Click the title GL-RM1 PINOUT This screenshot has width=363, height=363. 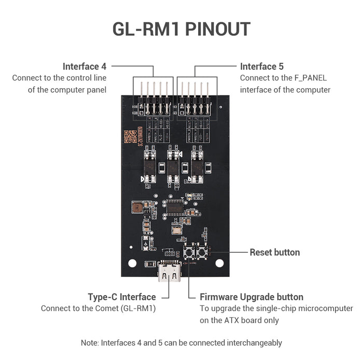[x=181, y=29]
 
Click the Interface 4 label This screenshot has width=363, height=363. [x=85, y=66]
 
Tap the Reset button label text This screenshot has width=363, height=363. [x=275, y=253]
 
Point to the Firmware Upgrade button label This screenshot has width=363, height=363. [x=252, y=297]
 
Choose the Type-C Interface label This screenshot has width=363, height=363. [x=122, y=297]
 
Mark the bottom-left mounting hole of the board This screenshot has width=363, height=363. [x=132, y=263]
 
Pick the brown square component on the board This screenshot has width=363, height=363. [x=137, y=207]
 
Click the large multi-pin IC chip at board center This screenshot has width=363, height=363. [x=174, y=207]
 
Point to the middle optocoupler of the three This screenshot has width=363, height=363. [x=173, y=167]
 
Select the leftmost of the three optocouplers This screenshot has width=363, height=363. [x=149, y=166]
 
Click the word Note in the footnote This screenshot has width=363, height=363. [x=89, y=343]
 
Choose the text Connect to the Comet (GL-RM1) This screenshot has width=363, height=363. [x=99, y=309]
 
